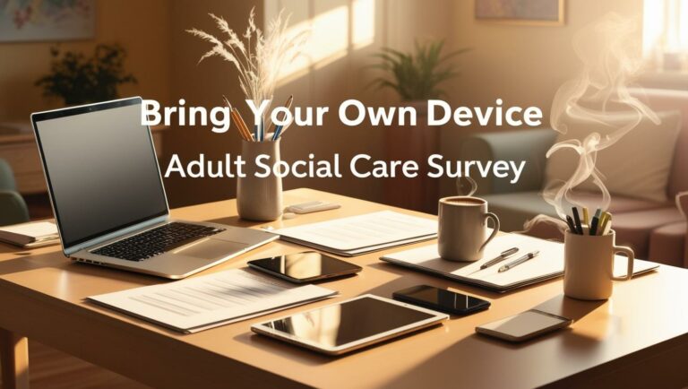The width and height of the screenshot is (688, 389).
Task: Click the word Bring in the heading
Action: click(176, 116)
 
